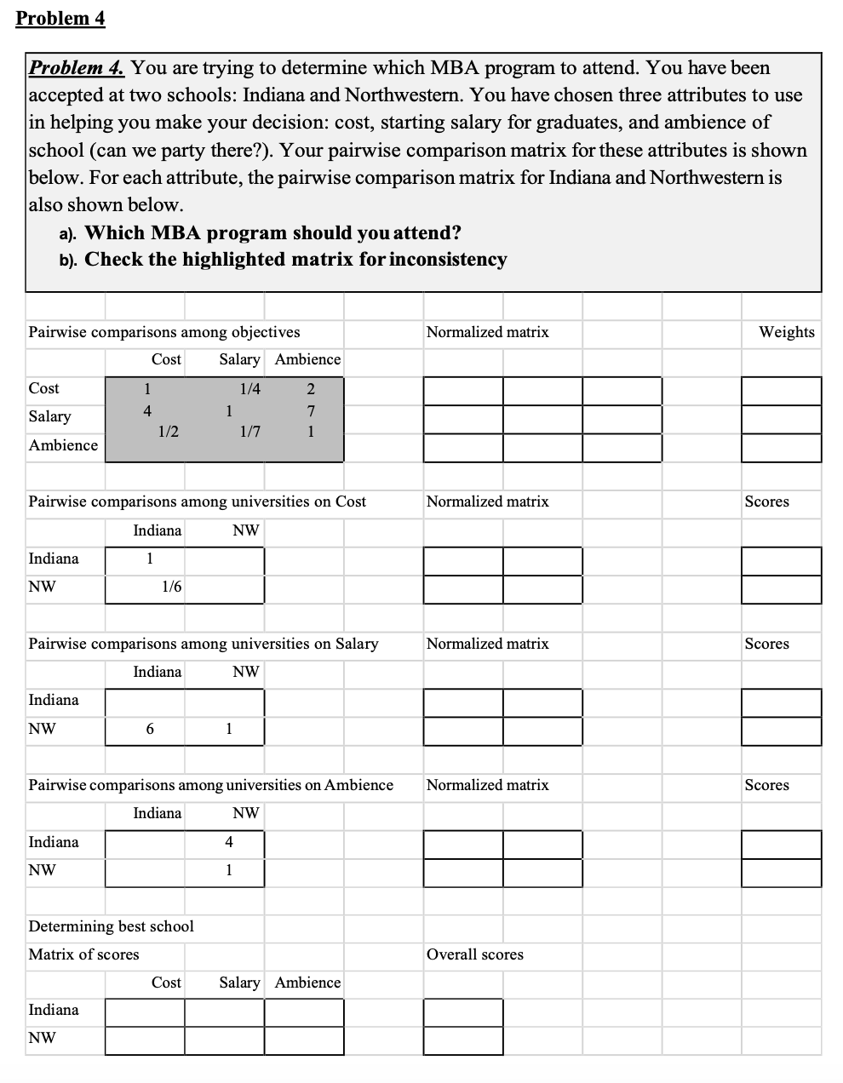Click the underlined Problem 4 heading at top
click(60, 18)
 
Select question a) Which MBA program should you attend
click(272, 232)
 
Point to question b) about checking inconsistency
click(295, 259)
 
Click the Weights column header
click(786, 332)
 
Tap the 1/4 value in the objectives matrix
click(250, 389)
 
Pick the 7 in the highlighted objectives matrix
click(311, 411)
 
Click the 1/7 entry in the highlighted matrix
click(250, 432)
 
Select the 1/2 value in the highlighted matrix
click(169, 432)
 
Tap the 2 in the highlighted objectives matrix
click(311, 389)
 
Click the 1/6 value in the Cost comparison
click(171, 587)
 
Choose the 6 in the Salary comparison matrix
click(150, 729)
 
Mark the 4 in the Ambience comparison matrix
click(228, 842)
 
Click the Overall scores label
click(474, 954)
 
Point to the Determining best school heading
click(111, 926)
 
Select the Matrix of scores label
click(83, 954)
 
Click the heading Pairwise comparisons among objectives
click(163, 332)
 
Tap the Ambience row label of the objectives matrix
click(63, 445)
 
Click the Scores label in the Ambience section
click(766, 785)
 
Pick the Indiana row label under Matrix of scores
click(54, 1010)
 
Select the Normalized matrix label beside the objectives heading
click(487, 332)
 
